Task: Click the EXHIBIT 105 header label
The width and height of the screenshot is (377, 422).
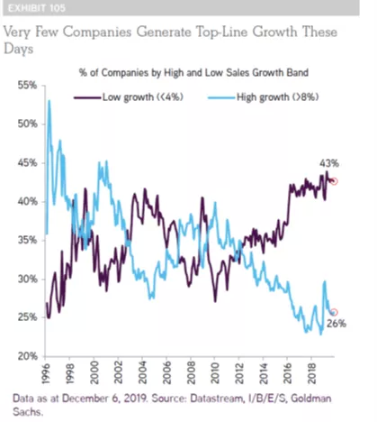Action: pyautogui.click(x=37, y=8)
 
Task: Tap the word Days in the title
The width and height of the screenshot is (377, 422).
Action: pyautogui.click(x=18, y=49)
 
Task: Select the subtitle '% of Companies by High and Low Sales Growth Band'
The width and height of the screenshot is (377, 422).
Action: pyautogui.click(x=193, y=73)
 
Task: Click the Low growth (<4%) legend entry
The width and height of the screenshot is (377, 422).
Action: pyautogui.click(x=129, y=97)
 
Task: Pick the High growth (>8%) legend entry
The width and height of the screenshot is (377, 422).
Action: pyautogui.click(x=264, y=97)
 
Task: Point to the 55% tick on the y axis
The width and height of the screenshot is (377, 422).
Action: pyautogui.click(x=27, y=86)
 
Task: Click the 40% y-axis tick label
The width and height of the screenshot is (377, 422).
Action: pyautogui.click(x=27, y=201)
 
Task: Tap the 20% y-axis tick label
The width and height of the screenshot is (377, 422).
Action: pyautogui.click(x=27, y=356)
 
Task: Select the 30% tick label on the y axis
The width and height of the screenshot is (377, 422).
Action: pyautogui.click(x=27, y=279)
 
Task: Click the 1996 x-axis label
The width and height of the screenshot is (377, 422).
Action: pyautogui.click(x=46, y=372)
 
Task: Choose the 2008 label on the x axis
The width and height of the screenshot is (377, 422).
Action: pyautogui.click(x=191, y=372)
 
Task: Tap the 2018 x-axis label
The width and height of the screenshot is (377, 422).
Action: pyautogui.click(x=312, y=372)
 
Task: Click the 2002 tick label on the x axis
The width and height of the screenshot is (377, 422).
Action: pyautogui.click(x=118, y=372)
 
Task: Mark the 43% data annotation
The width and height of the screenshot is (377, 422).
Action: pyautogui.click(x=329, y=163)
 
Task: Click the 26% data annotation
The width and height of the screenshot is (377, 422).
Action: pyautogui.click(x=337, y=324)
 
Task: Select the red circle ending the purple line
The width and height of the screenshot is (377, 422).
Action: pyautogui.click(x=334, y=181)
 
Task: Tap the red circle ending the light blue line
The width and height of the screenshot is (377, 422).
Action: pyautogui.click(x=334, y=313)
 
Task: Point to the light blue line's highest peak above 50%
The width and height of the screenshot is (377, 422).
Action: pyautogui.click(x=49, y=101)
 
